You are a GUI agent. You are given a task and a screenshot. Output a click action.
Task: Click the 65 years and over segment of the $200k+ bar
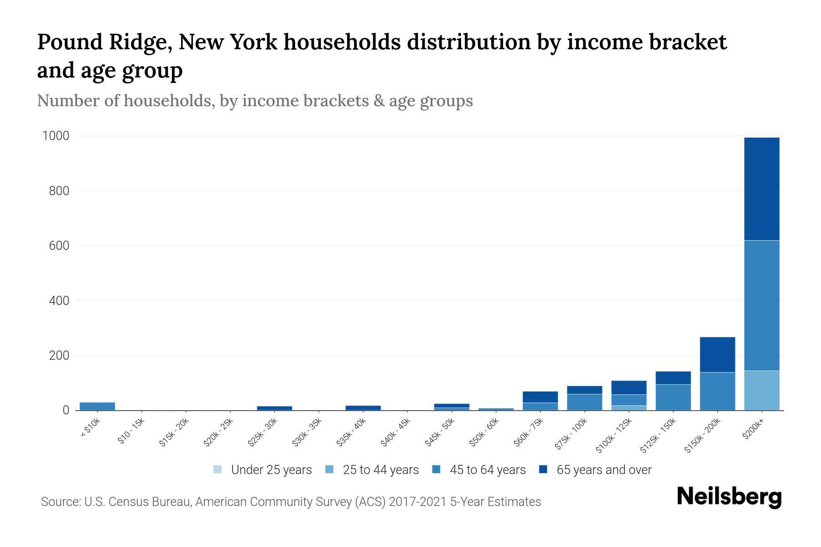pyautogui.click(x=761, y=188)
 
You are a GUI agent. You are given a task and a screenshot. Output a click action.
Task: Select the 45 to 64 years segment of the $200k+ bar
pyautogui.click(x=761, y=305)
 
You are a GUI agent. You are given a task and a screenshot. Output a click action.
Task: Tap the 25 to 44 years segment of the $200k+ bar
pyautogui.click(x=761, y=390)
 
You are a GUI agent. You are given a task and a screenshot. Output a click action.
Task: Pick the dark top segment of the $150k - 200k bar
pyautogui.click(x=717, y=355)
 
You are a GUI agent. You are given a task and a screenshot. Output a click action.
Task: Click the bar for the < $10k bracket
pyautogui.click(x=97, y=406)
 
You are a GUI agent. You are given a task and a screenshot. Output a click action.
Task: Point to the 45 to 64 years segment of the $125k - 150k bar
pyautogui.click(x=673, y=397)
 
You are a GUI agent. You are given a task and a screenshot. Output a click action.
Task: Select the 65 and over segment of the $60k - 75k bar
pyautogui.click(x=540, y=397)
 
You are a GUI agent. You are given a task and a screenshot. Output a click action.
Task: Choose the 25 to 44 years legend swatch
pyautogui.click(x=329, y=470)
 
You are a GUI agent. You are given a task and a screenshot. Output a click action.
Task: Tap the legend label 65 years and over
pyautogui.click(x=604, y=470)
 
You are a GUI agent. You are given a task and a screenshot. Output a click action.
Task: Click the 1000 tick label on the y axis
pyautogui.click(x=56, y=136)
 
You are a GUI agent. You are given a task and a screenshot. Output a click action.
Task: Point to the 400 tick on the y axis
pyautogui.click(x=59, y=300)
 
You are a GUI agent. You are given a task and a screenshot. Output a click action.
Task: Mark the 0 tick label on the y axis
pyautogui.click(x=66, y=410)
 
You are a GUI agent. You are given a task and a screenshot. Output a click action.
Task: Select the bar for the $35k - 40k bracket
pyautogui.click(x=363, y=408)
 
